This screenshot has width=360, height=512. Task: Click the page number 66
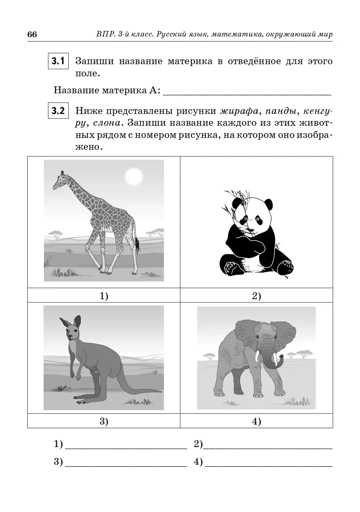32,35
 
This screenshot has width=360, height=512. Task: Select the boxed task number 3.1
58,61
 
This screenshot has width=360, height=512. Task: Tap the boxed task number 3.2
58,111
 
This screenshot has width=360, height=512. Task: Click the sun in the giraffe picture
134,176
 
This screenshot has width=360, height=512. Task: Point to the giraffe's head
59,181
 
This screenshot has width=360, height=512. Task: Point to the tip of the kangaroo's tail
161,391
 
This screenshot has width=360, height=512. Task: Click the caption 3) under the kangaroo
104,421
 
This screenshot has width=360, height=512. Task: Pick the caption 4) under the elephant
257,421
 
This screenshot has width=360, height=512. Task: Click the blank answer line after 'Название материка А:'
247,94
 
